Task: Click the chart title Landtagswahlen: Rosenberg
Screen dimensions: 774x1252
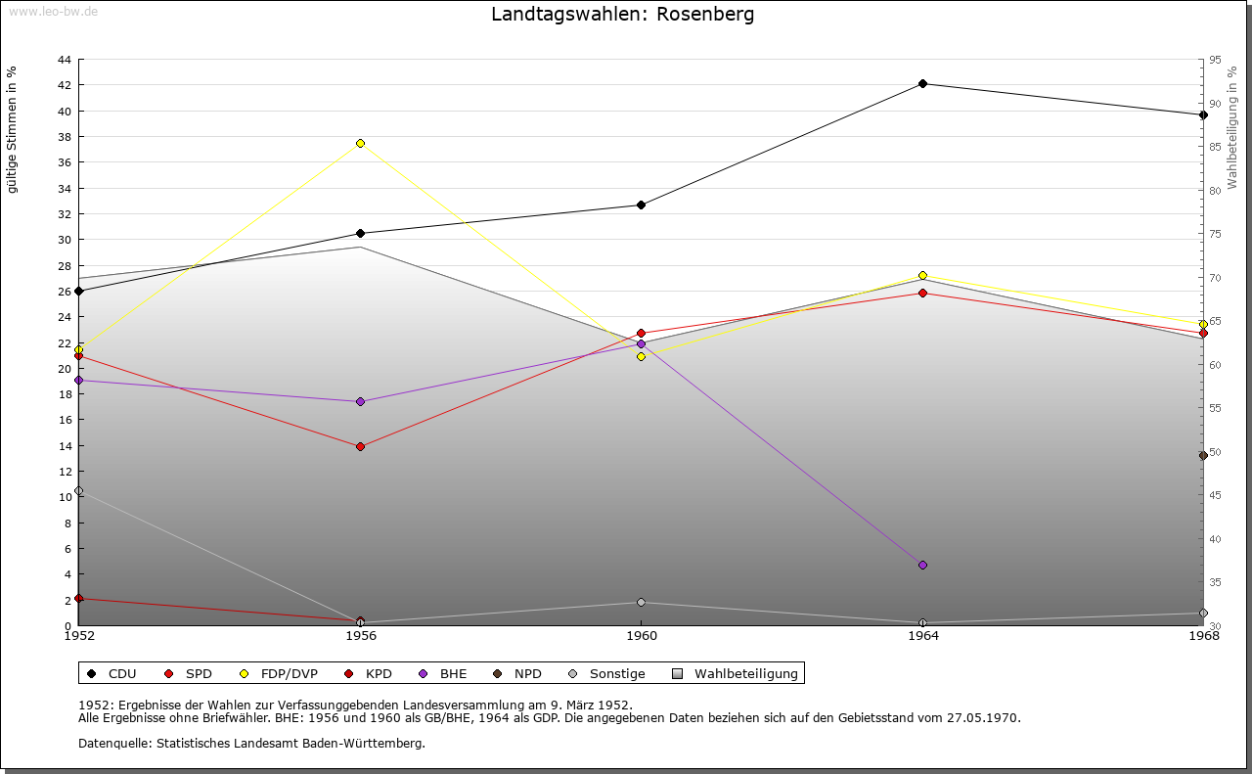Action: pyautogui.click(x=622, y=15)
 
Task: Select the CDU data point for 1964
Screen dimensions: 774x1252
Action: pyautogui.click(x=922, y=84)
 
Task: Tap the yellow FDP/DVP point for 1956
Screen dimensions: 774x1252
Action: pyautogui.click(x=360, y=144)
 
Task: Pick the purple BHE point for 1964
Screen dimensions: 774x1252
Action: pyautogui.click(x=922, y=565)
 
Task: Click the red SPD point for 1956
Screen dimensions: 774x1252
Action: pyautogui.click(x=360, y=446)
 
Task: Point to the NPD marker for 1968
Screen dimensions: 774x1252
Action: pyautogui.click(x=1203, y=455)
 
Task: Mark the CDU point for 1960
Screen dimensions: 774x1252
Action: pyautogui.click(x=641, y=205)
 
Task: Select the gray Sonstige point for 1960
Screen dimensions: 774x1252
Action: pyautogui.click(x=641, y=602)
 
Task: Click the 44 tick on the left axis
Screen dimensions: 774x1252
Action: pyautogui.click(x=64, y=60)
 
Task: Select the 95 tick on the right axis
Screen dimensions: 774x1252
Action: pyautogui.click(x=1215, y=60)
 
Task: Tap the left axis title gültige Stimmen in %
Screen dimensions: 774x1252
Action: pyautogui.click(x=13, y=130)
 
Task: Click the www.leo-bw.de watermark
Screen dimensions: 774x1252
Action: pyautogui.click(x=52, y=11)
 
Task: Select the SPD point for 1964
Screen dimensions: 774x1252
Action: pyautogui.click(x=922, y=293)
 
